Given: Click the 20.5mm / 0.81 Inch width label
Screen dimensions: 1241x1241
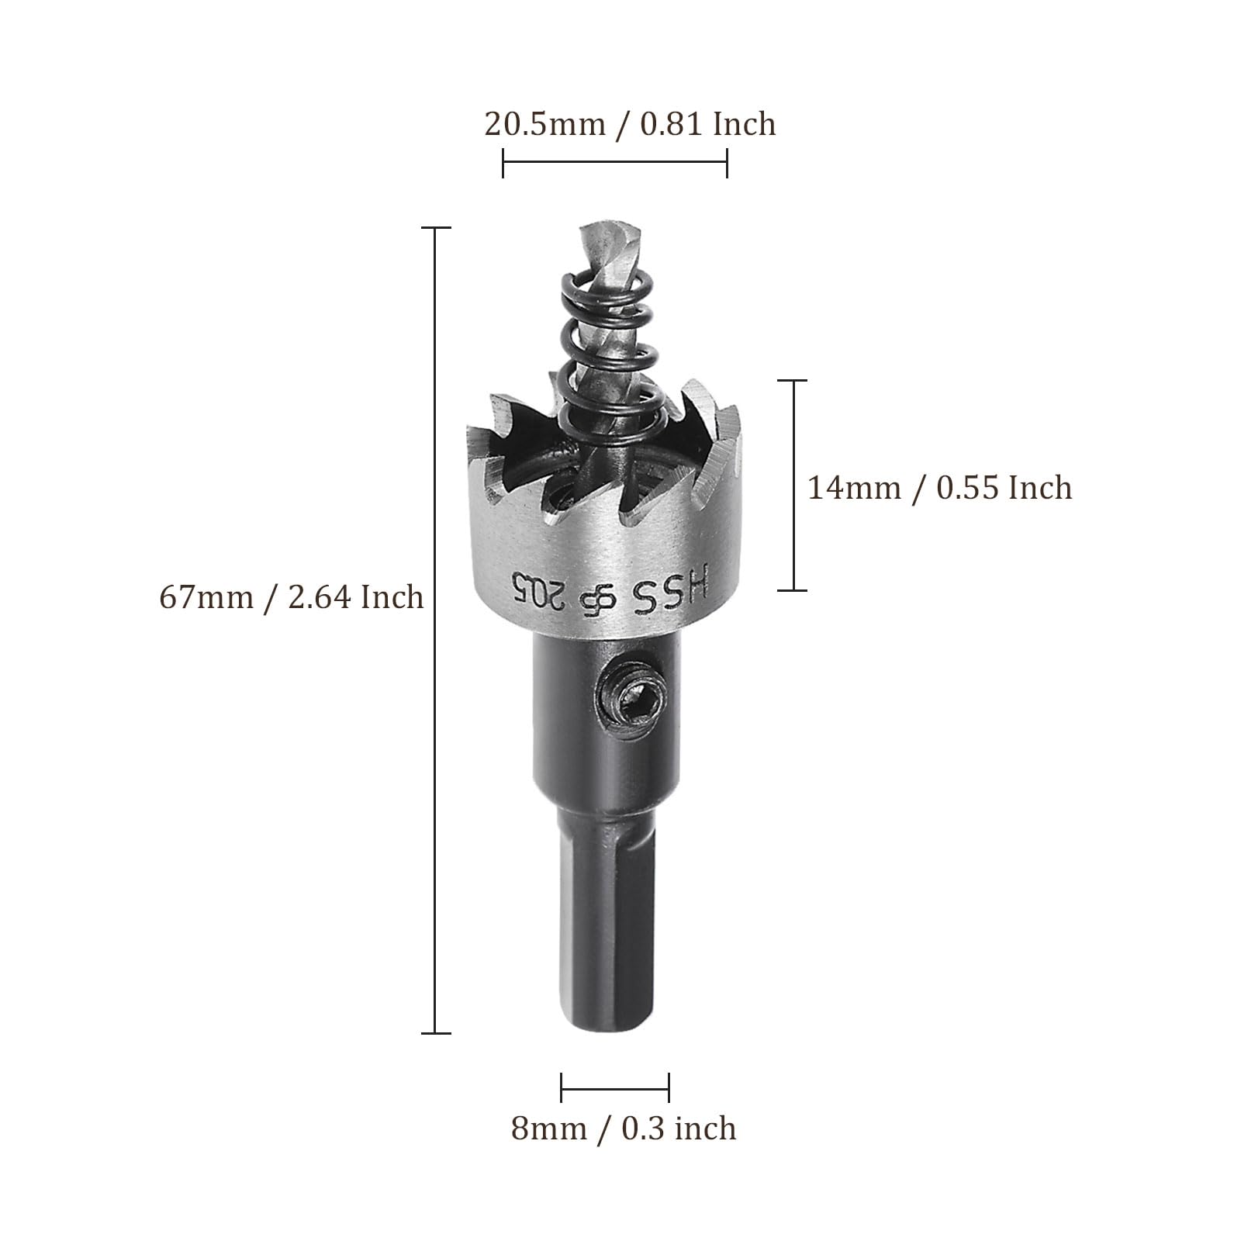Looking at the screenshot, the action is pyautogui.click(x=630, y=124).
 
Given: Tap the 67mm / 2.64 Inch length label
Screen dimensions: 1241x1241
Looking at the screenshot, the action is pyautogui.click(x=292, y=597).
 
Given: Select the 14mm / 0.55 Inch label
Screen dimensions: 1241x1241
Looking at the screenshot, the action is pyautogui.click(x=940, y=488).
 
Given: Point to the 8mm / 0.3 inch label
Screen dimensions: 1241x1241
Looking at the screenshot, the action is pyautogui.click(x=624, y=1129).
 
